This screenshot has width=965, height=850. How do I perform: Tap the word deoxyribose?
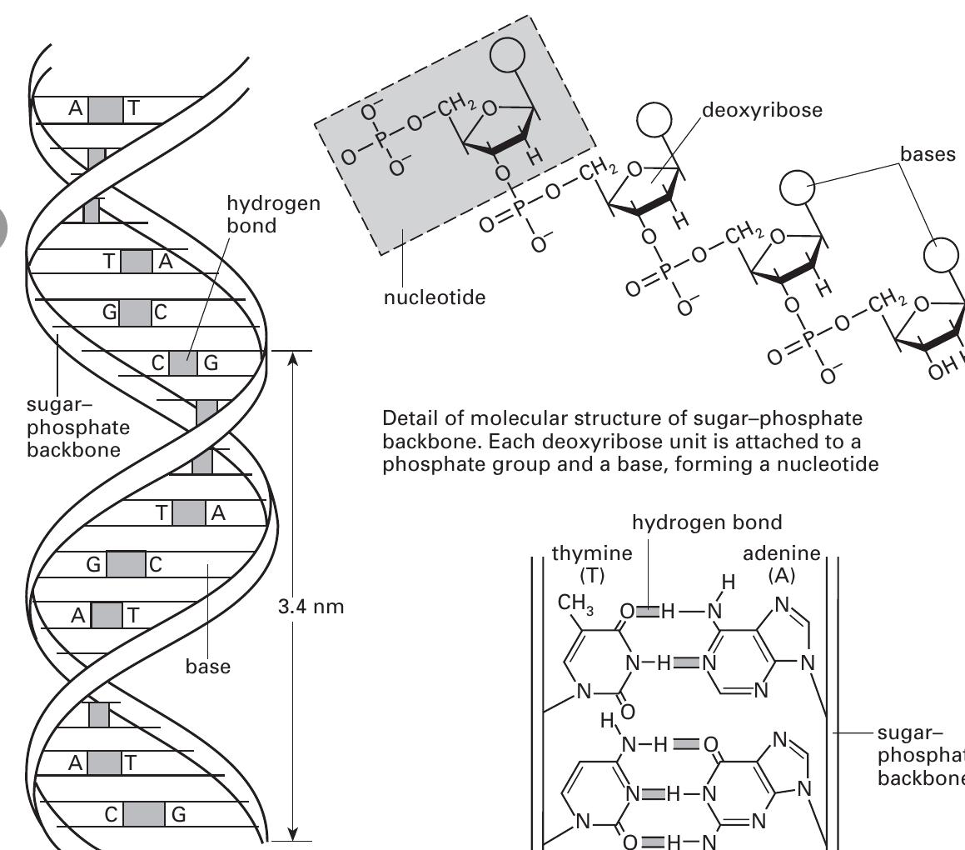(762, 112)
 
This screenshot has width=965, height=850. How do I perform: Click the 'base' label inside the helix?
(208, 667)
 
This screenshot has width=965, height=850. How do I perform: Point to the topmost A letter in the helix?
(74, 110)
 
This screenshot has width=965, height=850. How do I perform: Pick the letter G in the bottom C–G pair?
(177, 815)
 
